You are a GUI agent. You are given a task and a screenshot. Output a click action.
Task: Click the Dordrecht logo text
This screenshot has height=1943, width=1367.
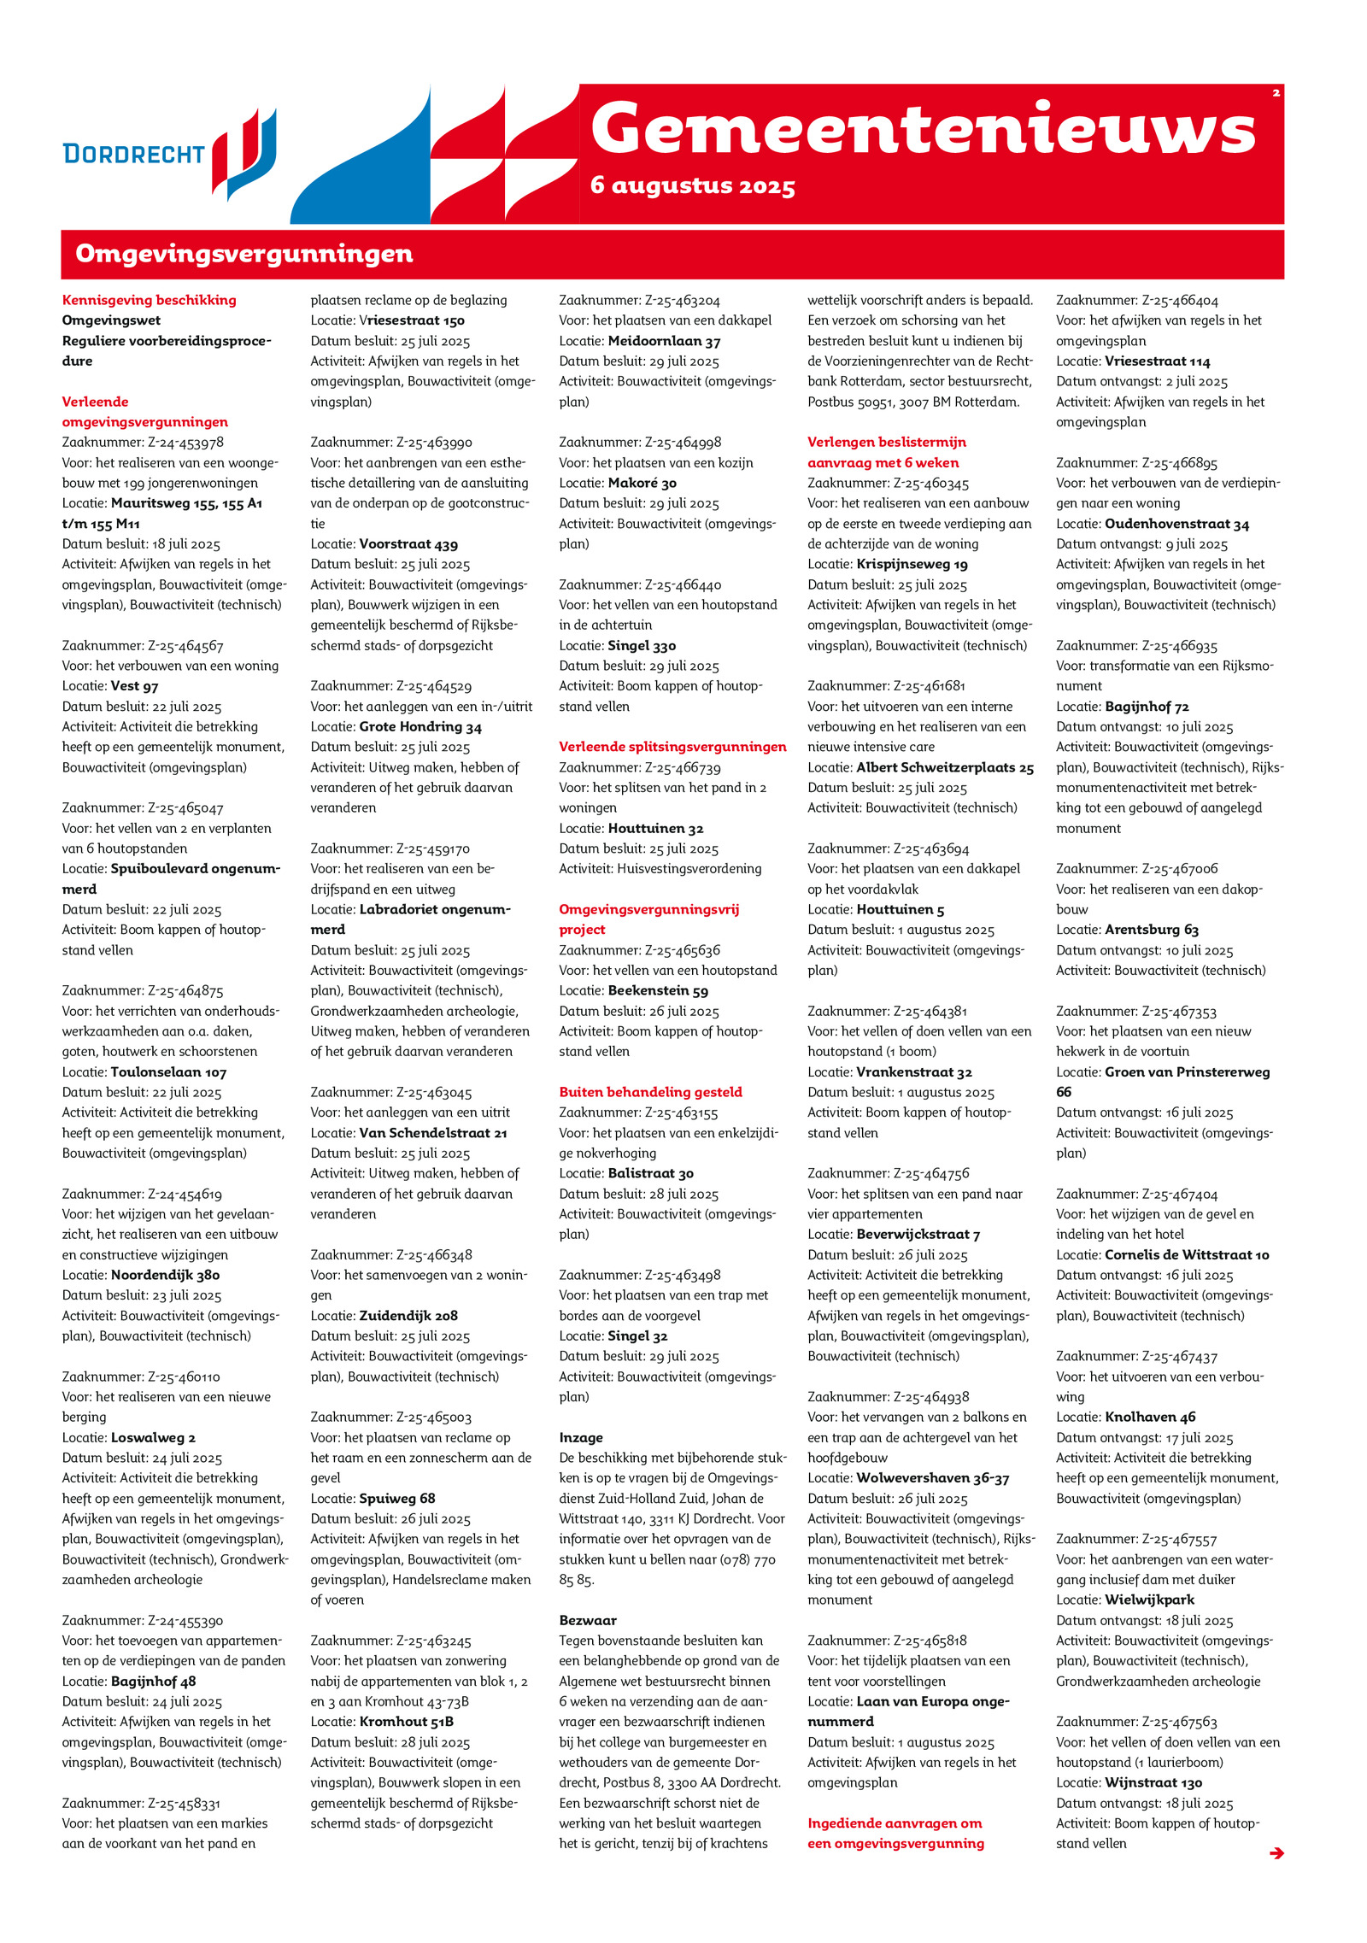pyautogui.click(x=134, y=154)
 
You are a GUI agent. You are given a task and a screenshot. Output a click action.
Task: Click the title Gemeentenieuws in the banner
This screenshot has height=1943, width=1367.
pyautogui.click(x=922, y=129)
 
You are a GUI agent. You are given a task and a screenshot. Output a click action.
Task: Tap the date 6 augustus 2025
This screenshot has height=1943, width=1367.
pyautogui.click(x=692, y=185)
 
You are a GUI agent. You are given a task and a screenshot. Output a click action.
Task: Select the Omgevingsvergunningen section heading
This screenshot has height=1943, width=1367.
pyautogui.click(x=244, y=254)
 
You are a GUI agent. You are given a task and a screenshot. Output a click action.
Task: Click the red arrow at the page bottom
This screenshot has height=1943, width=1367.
pyautogui.click(x=1276, y=1852)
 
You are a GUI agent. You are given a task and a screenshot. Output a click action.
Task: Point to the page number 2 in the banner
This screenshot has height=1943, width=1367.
pyautogui.click(x=1276, y=93)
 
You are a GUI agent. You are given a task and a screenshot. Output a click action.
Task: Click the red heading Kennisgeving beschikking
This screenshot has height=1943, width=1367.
pyautogui.click(x=149, y=300)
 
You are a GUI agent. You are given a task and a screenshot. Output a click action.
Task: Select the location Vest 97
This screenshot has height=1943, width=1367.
pyautogui.click(x=134, y=686)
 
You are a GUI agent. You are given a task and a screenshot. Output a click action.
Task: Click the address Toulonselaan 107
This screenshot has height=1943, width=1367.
pyautogui.click(x=168, y=1072)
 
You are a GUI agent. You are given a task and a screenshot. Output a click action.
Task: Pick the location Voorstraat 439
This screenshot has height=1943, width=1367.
pyautogui.click(x=408, y=544)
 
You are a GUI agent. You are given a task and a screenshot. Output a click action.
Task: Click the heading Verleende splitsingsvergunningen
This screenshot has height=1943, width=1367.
pyautogui.click(x=672, y=747)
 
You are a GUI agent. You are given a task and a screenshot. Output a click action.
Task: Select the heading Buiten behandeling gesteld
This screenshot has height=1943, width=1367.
pyautogui.click(x=650, y=1092)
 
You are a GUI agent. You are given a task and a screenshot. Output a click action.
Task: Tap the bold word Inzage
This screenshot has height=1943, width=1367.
pyautogui.click(x=581, y=1438)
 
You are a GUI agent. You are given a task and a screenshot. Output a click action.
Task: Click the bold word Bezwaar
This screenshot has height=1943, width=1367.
pyautogui.click(x=588, y=1620)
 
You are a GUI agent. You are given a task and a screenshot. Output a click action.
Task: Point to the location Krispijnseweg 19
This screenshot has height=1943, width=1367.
pyautogui.click(x=912, y=565)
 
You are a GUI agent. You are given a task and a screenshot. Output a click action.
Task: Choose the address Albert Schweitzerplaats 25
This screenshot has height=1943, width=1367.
pyautogui.click(x=945, y=767)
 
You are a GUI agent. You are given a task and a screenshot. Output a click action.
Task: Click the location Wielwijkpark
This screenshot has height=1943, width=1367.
pyautogui.click(x=1149, y=1600)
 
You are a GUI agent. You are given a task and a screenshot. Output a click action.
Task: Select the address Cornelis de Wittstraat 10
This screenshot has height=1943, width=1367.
pyautogui.click(x=1186, y=1255)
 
